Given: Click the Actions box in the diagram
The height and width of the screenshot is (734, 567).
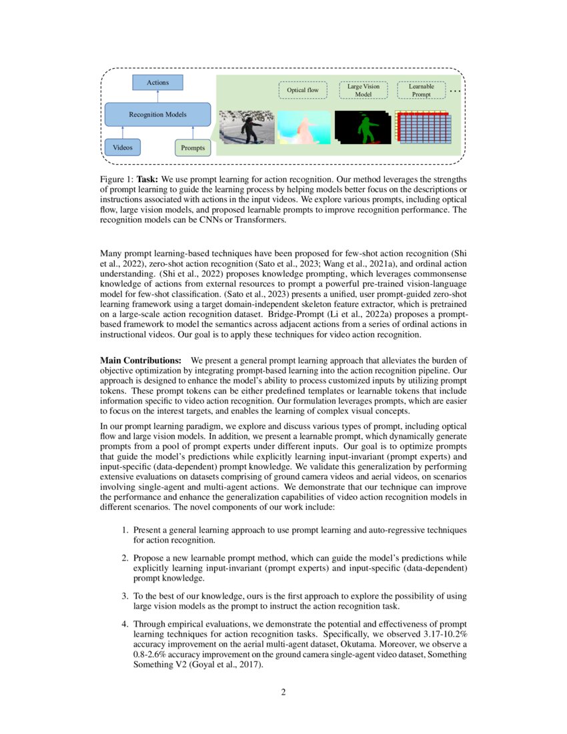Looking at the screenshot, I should pos(157,83).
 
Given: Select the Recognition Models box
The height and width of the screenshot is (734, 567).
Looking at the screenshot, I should pos(157,114).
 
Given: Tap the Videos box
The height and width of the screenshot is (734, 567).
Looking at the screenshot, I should pos(123,147).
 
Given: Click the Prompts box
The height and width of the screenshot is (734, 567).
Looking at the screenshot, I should pos(193,147).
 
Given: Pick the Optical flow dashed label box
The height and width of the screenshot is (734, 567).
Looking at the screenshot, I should pos(303,90).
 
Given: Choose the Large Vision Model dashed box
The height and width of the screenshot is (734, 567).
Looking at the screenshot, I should pos(364,90).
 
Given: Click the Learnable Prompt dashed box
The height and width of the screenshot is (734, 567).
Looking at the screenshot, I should pos(421,90).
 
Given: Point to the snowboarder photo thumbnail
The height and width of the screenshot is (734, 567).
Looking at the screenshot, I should pos(247,127).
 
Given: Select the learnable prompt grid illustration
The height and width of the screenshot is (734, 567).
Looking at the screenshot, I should pos(424,128).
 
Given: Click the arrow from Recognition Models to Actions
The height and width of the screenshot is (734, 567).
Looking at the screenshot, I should pos(157,96).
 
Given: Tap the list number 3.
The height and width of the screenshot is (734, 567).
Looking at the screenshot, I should pos(124,595).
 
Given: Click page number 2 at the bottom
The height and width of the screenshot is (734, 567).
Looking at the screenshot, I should pos(283,692).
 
